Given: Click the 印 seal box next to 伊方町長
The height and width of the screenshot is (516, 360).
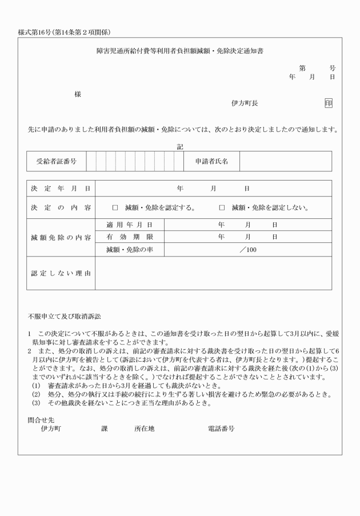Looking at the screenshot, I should pos(328,103).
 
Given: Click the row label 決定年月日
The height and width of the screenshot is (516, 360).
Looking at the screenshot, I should pos(60,188).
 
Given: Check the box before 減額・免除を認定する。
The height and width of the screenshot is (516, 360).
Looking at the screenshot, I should pos(115,207).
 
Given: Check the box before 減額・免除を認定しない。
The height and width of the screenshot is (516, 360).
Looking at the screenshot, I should pos(222,207).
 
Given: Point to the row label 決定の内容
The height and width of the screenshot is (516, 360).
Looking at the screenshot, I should pos(60,207).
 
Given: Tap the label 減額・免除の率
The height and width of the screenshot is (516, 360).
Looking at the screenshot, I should pos(129,249).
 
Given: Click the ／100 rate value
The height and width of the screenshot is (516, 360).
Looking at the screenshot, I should pos(247,249).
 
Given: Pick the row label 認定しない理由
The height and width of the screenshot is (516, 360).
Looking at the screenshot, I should pos(60,273).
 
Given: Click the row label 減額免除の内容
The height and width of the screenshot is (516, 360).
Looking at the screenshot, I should pos(60,237).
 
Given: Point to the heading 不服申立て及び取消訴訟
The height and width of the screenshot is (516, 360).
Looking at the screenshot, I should pos(64,316).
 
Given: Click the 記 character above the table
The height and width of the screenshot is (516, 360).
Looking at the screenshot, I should pos(180,147).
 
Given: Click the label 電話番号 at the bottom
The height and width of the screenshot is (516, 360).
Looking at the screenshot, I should pos(221,428).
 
